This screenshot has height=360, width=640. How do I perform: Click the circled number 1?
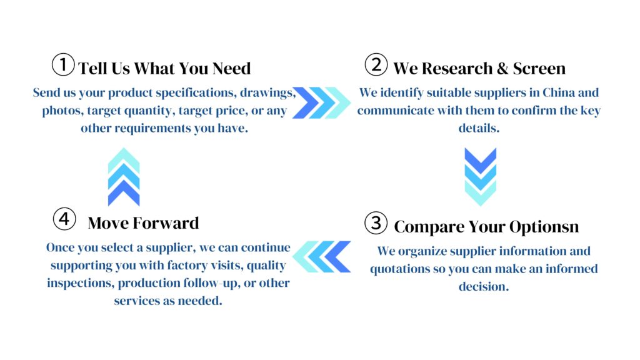[x=63, y=64]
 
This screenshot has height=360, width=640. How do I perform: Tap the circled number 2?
[x=376, y=64]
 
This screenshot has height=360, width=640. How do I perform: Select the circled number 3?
[x=376, y=223]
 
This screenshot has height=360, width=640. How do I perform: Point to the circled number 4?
[x=64, y=219]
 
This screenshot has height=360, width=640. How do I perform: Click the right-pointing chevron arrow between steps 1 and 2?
[x=322, y=103]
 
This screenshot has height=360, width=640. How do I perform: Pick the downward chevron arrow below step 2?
[x=481, y=176]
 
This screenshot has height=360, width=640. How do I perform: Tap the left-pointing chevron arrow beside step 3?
[x=322, y=257]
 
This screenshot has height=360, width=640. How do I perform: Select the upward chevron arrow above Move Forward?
[x=124, y=177]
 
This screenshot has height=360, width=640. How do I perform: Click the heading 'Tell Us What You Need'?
[x=164, y=69]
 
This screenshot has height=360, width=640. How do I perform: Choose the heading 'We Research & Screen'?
[x=479, y=69]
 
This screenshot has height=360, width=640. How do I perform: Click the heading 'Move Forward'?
[x=143, y=223]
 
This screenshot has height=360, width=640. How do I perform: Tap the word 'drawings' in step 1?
[x=267, y=93]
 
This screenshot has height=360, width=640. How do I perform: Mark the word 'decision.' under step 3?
[x=484, y=286]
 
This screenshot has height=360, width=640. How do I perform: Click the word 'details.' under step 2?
[x=479, y=128]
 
